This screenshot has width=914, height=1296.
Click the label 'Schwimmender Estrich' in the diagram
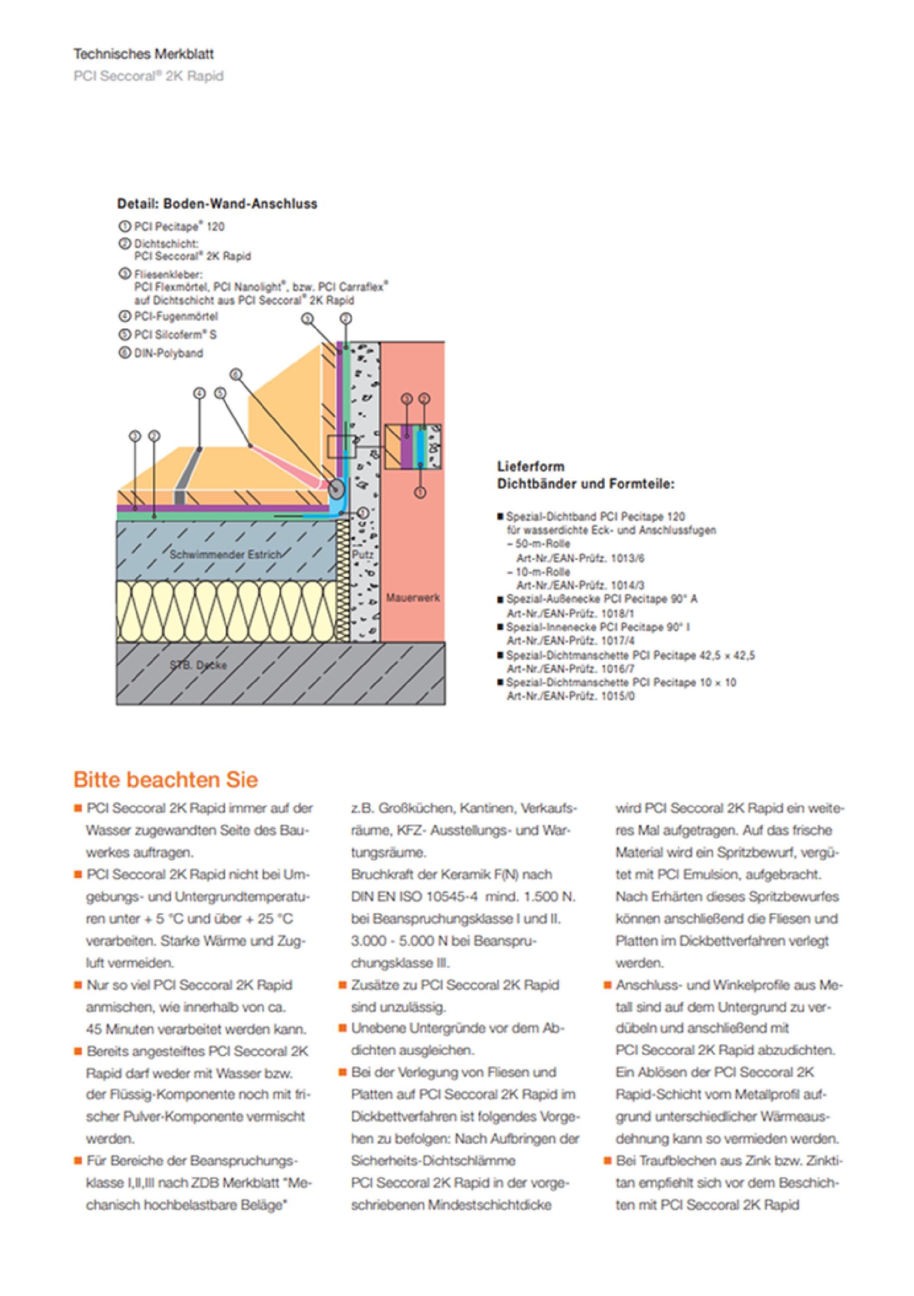224,554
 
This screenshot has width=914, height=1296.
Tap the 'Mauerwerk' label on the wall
413,597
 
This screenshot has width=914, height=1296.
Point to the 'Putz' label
362,555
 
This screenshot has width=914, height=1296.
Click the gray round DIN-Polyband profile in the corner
336,488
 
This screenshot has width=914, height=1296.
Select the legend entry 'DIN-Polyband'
168,353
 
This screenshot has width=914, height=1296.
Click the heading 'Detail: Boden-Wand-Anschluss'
217,204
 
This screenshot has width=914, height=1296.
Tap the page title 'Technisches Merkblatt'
143,54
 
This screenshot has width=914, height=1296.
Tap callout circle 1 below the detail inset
419,492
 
